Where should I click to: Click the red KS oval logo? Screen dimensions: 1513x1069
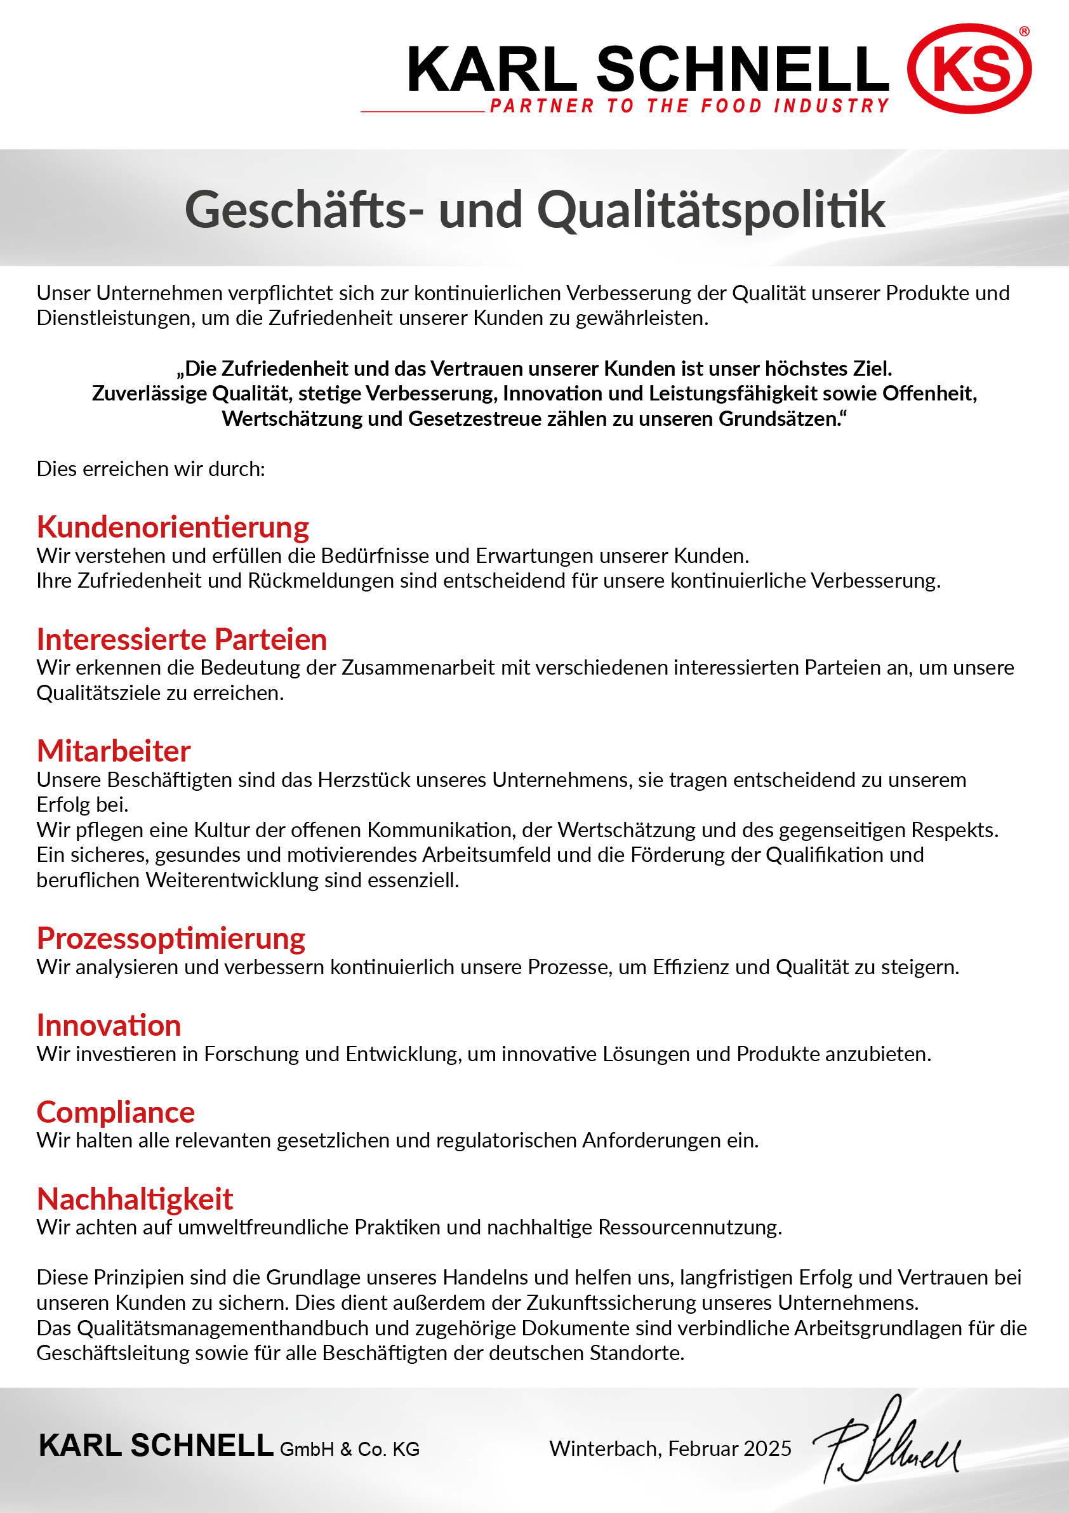(969, 69)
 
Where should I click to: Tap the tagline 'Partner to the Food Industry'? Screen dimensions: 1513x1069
(689, 106)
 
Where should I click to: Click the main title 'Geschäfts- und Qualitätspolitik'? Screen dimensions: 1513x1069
(534, 209)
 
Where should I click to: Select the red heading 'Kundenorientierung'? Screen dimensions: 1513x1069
(173, 527)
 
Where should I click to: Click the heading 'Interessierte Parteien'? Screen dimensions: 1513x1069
(182, 639)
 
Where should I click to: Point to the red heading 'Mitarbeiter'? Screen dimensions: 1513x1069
(114, 751)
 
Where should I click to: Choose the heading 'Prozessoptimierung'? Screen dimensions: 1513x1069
(171, 938)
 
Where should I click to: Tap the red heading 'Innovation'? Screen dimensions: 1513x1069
(109, 1026)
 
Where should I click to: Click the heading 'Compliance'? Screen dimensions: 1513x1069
(116, 1112)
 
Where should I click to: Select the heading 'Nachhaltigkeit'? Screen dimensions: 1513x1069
(135, 1199)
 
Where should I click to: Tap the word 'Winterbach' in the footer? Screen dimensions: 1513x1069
(604, 1448)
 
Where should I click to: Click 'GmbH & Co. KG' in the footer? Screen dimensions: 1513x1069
(349, 1449)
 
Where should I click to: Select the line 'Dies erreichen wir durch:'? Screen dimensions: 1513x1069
(151, 468)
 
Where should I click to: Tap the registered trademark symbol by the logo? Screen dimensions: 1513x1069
(1024, 31)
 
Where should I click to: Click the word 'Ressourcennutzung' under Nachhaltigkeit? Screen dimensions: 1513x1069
(689, 1227)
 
